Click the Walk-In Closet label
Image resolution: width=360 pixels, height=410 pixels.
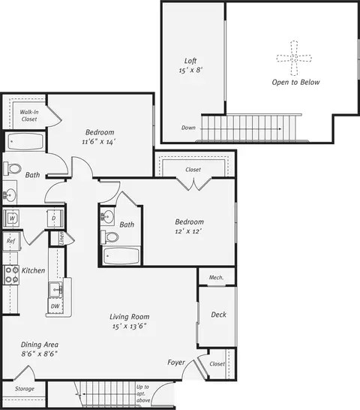pos(29,116)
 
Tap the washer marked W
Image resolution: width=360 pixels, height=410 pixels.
pos(11,218)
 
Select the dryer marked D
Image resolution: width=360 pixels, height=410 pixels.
pos(55,218)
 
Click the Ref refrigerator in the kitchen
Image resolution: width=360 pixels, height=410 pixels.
pos(11,241)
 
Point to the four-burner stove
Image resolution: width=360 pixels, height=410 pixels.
pos(11,275)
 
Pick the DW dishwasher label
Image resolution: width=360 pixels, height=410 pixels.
pos(55,306)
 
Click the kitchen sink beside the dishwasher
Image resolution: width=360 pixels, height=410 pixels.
pos(55,289)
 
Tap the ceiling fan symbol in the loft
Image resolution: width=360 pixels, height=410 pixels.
pos(294,59)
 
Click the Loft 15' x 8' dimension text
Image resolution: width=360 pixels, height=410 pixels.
pos(191,71)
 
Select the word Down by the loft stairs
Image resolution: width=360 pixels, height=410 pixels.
pos(188,128)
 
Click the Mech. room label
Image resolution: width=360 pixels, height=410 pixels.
pos(216,277)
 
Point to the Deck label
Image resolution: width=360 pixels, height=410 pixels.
pos(219,315)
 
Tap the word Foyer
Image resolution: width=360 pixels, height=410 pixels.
pos(176,363)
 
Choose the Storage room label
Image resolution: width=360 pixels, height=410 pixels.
pos(25,389)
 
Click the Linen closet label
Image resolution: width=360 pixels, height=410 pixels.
pos(61,238)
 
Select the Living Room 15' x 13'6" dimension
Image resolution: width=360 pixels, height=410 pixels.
pos(129,327)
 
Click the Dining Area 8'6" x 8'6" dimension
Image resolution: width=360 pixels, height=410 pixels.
pos(40,354)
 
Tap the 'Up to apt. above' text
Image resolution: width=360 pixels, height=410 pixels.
pos(143,393)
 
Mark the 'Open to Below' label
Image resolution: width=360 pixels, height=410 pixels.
pos(295,83)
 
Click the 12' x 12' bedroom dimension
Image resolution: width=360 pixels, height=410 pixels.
pos(188,231)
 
